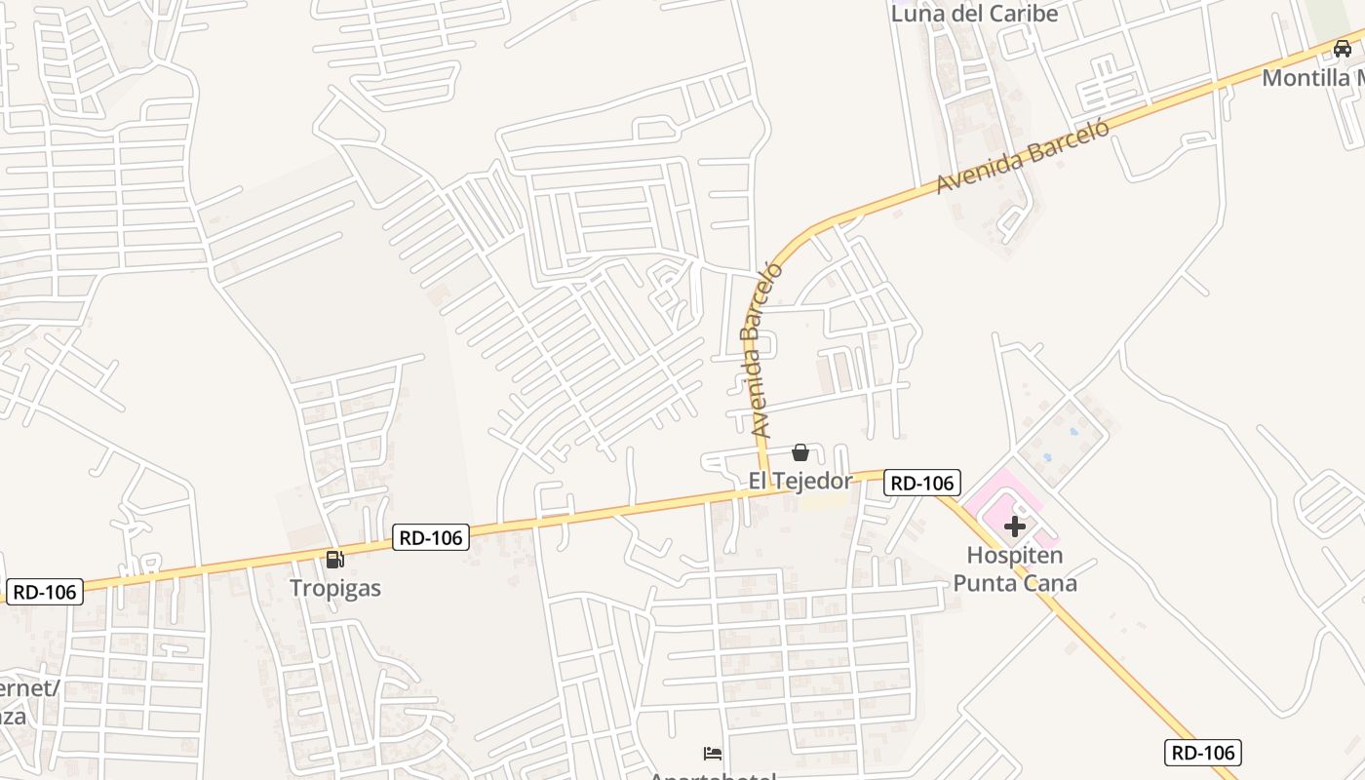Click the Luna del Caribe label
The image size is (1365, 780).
[974, 14]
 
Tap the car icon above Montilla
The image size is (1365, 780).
[1343, 48]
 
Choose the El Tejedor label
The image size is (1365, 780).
[799, 480]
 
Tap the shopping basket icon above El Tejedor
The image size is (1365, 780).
[800, 452]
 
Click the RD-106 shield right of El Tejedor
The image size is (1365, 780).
[922, 482]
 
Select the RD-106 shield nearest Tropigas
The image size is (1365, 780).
[431, 537]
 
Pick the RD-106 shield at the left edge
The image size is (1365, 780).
[45, 591]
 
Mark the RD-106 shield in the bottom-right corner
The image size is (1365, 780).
[1202, 752]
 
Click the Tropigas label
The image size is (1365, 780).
[335, 588]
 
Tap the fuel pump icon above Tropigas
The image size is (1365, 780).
[335, 560]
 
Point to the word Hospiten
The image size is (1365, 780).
[1014, 555]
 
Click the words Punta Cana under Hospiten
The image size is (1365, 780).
[1014, 583]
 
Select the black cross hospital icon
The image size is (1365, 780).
[1014, 526]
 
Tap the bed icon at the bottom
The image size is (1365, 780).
[713, 754]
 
